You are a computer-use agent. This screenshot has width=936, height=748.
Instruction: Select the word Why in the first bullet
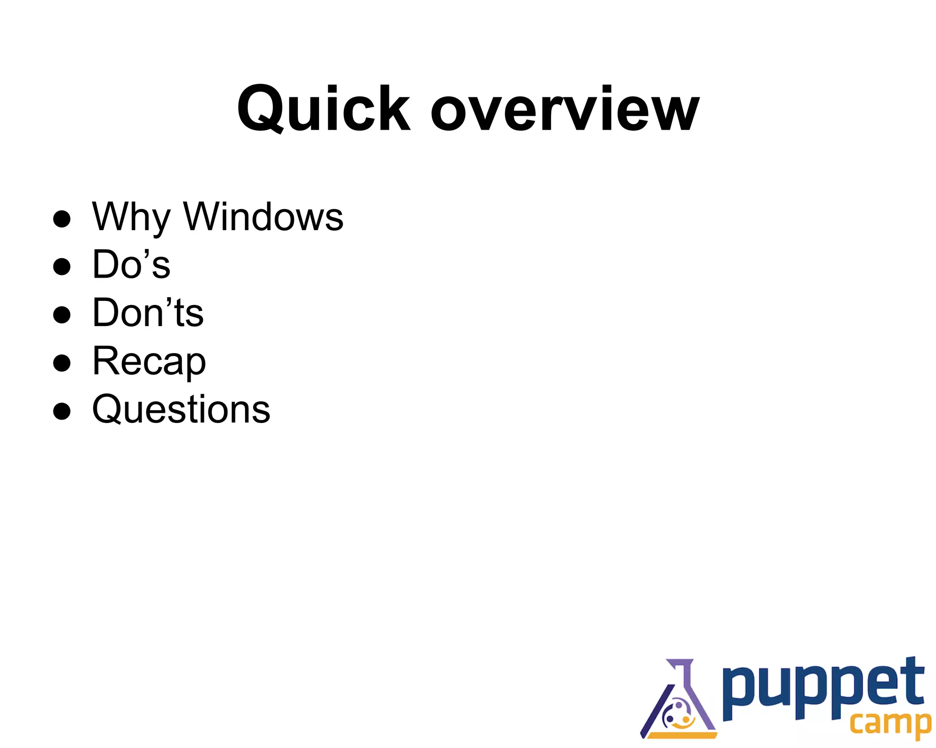[x=131, y=217]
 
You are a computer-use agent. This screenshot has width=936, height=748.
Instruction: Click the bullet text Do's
[x=131, y=264]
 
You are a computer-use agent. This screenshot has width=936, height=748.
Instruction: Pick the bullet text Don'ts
[x=148, y=313]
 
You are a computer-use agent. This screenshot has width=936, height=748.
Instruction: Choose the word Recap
[x=149, y=362]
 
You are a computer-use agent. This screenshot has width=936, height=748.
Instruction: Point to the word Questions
[x=181, y=410]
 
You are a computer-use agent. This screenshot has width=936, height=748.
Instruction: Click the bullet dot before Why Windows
[x=62, y=219]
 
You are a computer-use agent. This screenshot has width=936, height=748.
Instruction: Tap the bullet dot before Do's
[x=62, y=267]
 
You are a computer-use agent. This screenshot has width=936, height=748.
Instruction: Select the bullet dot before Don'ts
[x=62, y=315]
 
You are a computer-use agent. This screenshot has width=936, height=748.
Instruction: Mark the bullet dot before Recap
[x=62, y=363]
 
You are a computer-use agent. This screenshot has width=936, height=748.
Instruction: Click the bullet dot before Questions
[x=62, y=411]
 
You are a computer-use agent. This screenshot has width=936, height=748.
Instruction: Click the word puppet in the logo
[x=823, y=690]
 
